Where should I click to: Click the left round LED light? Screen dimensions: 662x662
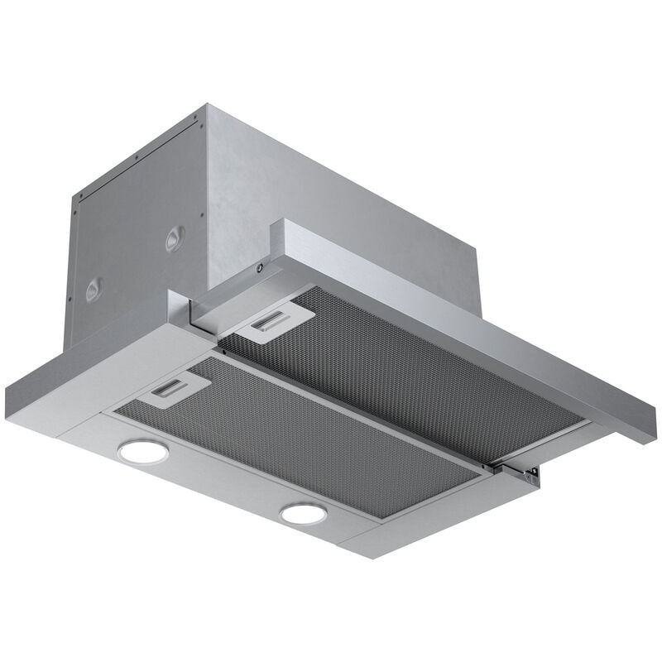tap(142, 451)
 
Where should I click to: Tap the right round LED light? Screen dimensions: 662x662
tap(303, 513)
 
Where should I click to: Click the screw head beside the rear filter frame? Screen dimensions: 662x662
tap(261, 268)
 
